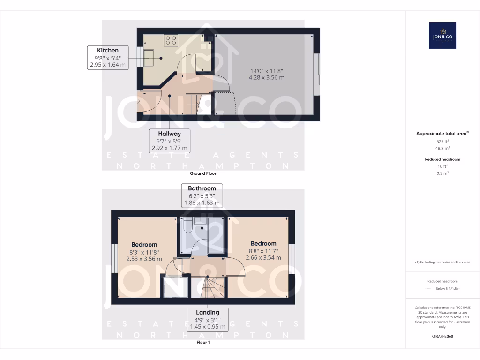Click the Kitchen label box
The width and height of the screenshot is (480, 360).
tap(108, 58)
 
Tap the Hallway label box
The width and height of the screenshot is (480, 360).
tap(169, 141)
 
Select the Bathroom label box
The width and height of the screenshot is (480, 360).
tap(202, 195)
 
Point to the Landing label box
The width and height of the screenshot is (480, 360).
tap(207, 319)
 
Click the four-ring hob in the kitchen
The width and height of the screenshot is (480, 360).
tap(171, 40)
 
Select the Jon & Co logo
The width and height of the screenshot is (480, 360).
tap(442, 35)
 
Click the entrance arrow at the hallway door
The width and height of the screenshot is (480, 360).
tap(137, 100)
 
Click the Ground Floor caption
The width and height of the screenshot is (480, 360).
tap(203, 173)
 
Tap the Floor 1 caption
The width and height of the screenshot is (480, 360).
tap(203, 343)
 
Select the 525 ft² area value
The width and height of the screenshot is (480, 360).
tap(442, 141)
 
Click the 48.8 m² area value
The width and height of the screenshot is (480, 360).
tap(442, 147)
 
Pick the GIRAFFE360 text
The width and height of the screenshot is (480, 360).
tap(442, 336)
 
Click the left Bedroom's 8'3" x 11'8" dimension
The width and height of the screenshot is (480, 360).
tap(144, 252)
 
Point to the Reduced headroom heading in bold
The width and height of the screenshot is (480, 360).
tap(442, 159)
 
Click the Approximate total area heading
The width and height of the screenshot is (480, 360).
tap(442, 134)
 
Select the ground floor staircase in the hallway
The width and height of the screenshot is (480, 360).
tap(194, 104)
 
